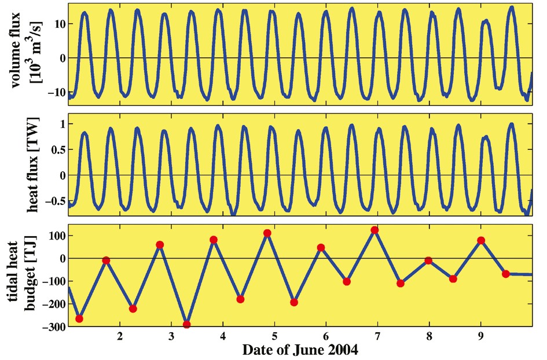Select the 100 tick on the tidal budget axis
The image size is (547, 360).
coord(56,236)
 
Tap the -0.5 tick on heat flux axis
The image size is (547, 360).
coord(55,200)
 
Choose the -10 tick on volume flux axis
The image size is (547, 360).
coord(56,92)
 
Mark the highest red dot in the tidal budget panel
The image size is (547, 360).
coord(375,230)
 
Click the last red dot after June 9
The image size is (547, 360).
coord(506,274)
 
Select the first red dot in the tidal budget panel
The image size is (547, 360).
coord(79,319)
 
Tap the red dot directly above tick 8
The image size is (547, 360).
coord(428,260)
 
